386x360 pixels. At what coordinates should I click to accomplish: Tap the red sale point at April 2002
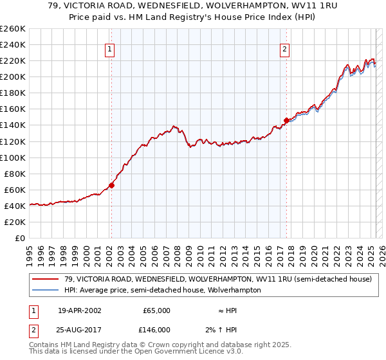coord(111,185)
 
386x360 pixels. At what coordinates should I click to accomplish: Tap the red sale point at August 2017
coord(286,120)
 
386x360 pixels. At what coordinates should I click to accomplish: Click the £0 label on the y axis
coord(19,238)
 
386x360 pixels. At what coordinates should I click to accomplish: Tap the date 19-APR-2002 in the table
coord(79,310)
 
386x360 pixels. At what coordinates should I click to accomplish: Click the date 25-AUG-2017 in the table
coord(79,329)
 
